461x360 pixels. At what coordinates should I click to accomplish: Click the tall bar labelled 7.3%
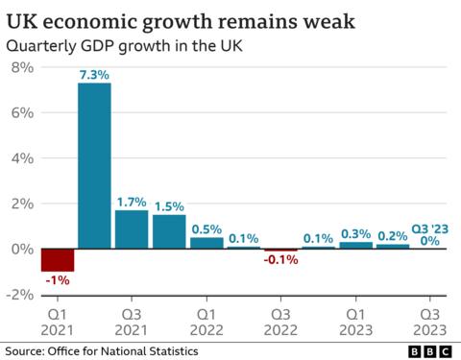[94, 165]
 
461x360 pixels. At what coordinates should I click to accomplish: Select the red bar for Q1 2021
[57, 259]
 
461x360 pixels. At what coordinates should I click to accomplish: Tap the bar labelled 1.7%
[132, 228]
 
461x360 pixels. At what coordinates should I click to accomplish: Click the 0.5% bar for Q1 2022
[206, 243]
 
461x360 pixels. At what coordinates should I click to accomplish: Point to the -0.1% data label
[281, 259]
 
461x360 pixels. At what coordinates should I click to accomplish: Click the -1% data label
[57, 279]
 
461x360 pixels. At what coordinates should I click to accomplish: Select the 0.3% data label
[356, 233]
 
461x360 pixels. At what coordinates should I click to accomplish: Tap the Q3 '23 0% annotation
[429, 235]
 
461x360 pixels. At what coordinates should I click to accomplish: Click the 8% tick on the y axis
[21, 67]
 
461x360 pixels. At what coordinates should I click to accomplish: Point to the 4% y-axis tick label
[21, 158]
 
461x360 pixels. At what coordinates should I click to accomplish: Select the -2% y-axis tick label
[19, 295]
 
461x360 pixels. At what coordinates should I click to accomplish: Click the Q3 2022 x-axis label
[281, 321]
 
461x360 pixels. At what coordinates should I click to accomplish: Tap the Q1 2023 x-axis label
[356, 321]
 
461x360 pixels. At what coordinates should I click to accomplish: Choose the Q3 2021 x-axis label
[132, 321]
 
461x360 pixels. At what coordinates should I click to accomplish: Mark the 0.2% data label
[392, 236]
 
